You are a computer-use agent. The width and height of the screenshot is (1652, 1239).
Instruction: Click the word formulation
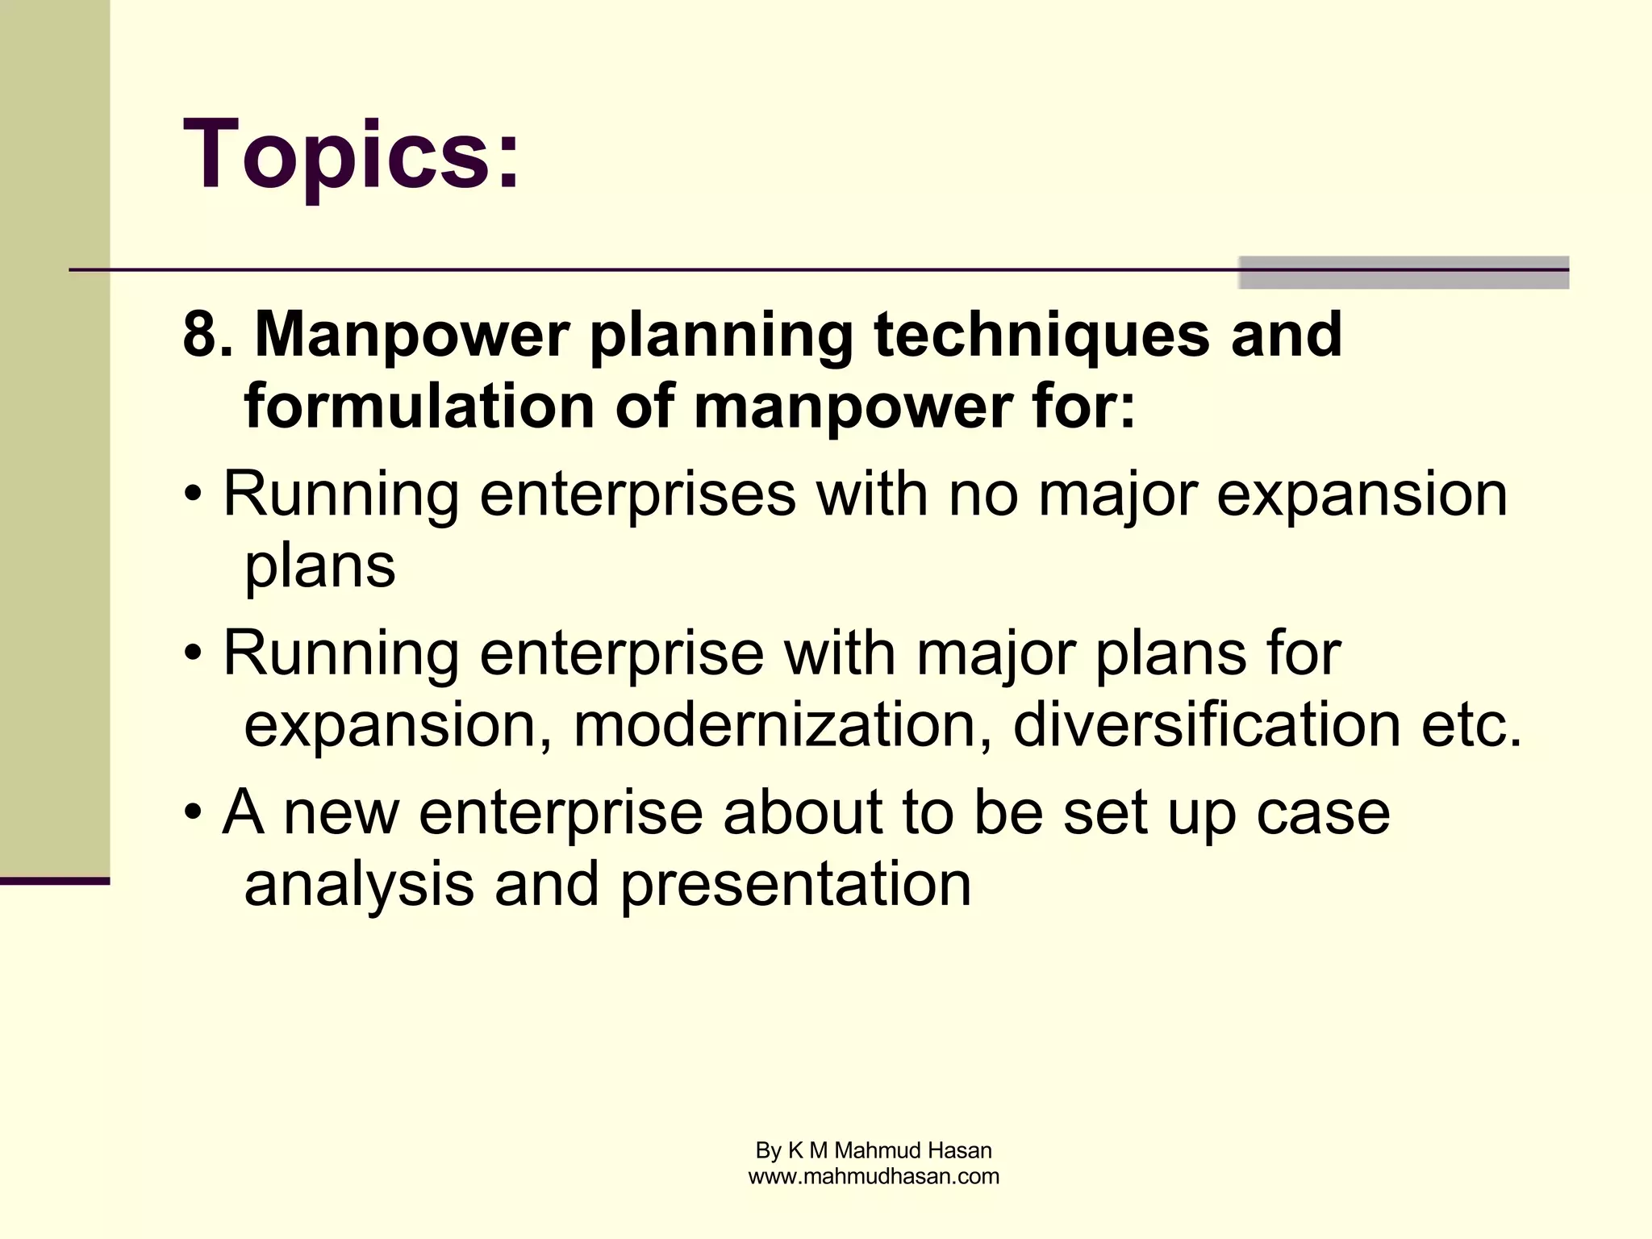[x=419, y=406]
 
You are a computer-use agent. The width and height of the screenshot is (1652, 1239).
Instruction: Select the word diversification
[x=1206, y=724]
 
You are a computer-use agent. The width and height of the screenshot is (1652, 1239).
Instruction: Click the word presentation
[x=795, y=883]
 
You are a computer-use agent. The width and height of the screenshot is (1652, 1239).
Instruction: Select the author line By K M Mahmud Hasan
[x=874, y=1150]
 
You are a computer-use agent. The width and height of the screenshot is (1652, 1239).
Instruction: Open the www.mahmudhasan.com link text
[x=874, y=1176]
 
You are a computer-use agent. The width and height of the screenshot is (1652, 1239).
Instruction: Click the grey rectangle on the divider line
[x=1403, y=273]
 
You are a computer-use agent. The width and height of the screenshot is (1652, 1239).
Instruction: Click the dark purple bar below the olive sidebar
[x=54, y=881]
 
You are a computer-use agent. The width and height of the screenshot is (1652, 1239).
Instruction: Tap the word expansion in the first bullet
[x=1362, y=494]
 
